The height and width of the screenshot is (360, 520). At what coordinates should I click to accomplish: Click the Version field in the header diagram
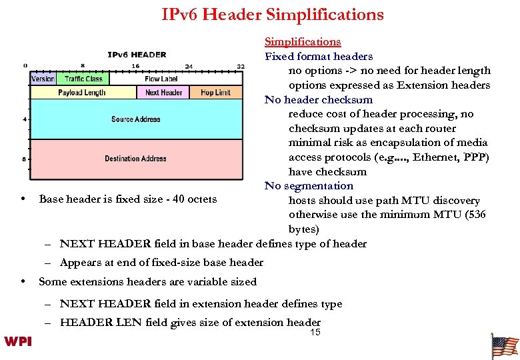pyautogui.click(x=43, y=79)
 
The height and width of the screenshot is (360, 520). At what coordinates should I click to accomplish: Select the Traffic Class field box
pyautogui.click(x=83, y=79)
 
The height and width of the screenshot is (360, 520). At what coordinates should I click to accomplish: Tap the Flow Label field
pyautogui.click(x=161, y=79)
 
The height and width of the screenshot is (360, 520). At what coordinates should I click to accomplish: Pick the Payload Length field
pyautogui.click(x=82, y=93)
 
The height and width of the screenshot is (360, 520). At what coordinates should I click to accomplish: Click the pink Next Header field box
pyautogui.click(x=164, y=93)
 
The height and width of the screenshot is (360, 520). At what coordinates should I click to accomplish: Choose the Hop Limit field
pyautogui.click(x=215, y=93)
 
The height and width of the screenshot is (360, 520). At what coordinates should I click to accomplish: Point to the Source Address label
pyautogui.click(x=136, y=119)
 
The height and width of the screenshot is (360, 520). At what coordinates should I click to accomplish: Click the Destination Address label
pyautogui.click(x=136, y=159)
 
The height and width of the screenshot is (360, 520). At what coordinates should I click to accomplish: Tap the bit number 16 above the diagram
pyautogui.click(x=135, y=66)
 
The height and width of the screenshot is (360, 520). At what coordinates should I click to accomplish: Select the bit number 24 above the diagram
pyautogui.click(x=189, y=66)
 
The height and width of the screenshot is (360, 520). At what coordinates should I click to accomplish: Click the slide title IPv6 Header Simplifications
pyautogui.click(x=273, y=15)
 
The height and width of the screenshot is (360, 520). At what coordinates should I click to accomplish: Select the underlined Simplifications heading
pyautogui.click(x=303, y=42)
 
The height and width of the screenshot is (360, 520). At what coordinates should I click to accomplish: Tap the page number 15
pyautogui.click(x=315, y=332)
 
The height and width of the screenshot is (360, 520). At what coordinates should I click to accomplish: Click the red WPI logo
pyautogui.click(x=18, y=341)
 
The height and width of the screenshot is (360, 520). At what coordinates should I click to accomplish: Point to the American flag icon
pyautogui.click(x=504, y=347)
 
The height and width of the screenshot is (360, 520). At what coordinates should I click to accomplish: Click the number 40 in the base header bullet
pyautogui.click(x=173, y=199)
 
